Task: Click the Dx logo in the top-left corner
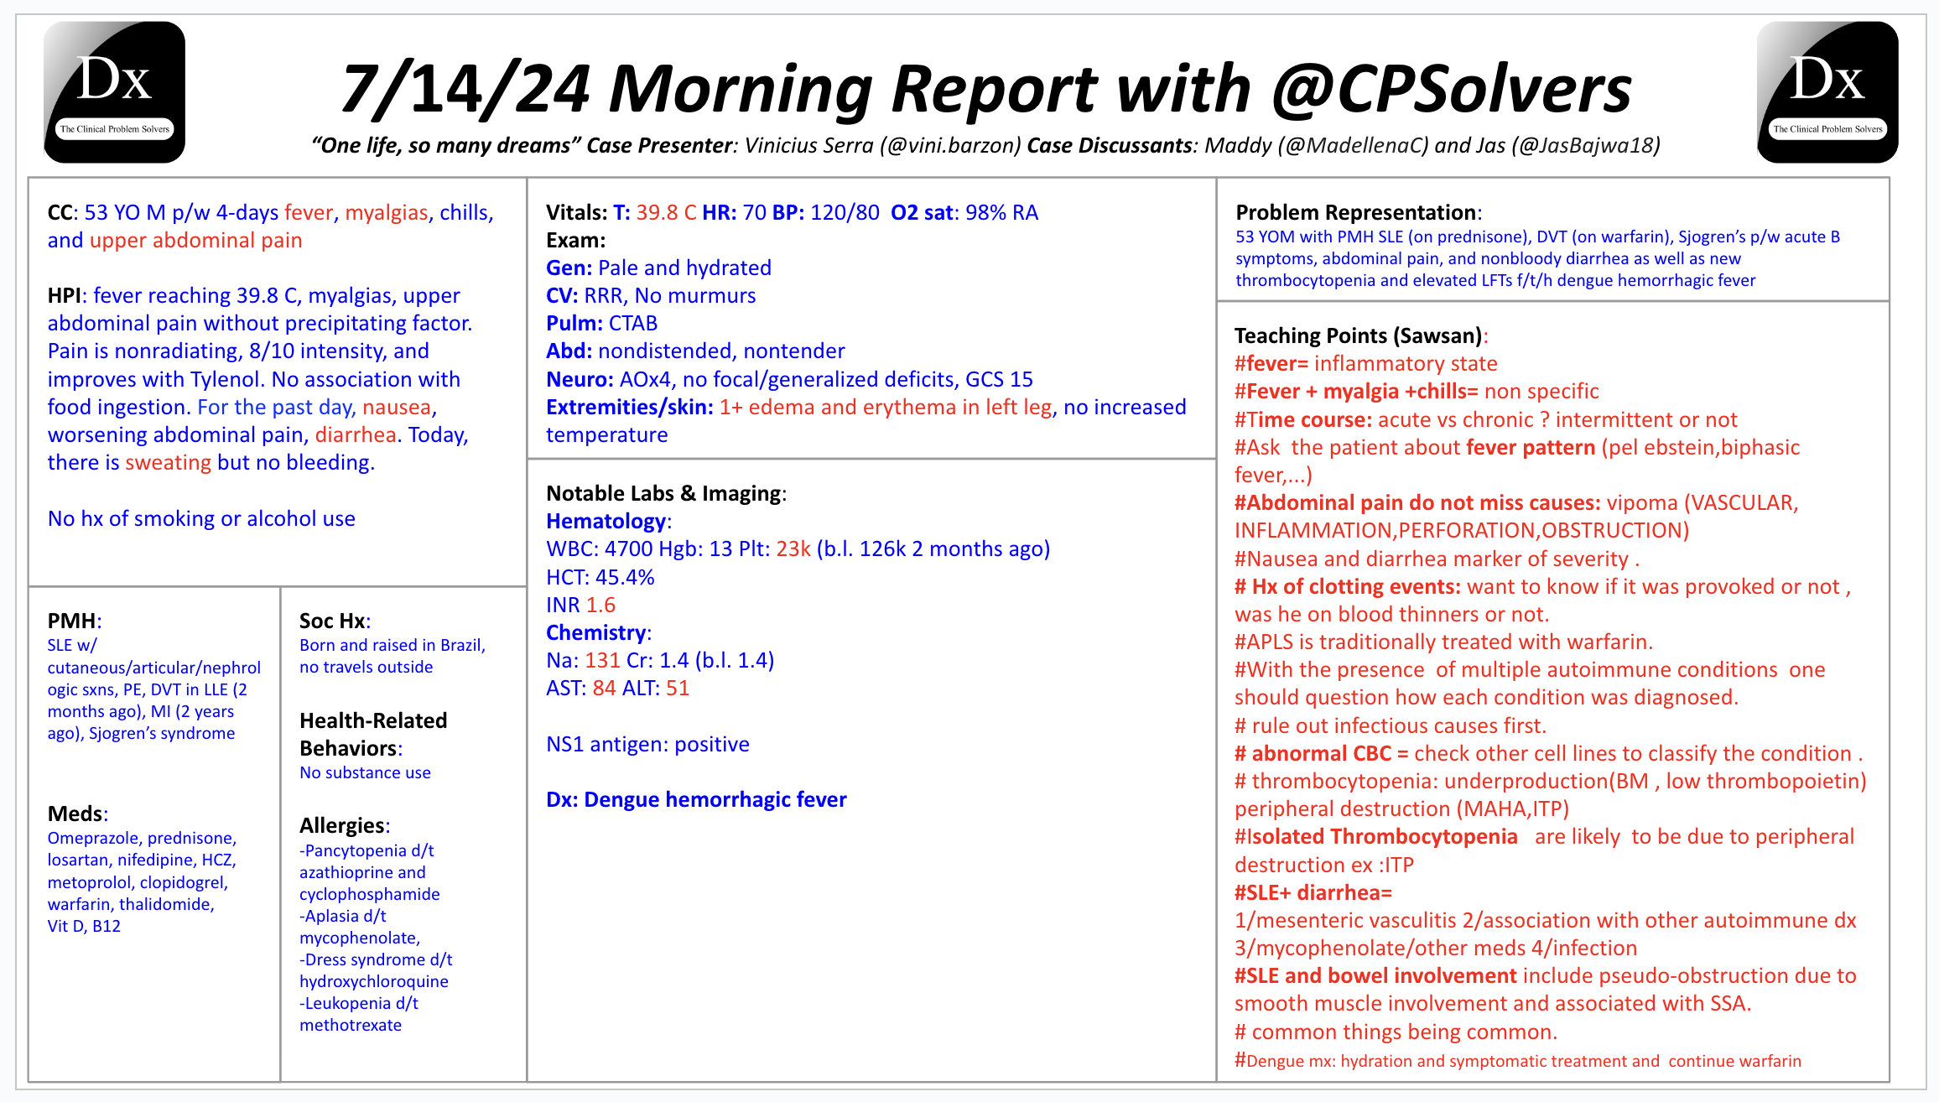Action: click(x=114, y=92)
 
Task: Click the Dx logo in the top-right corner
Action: click(x=1827, y=92)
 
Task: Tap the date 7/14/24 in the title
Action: click(x=465, y=89)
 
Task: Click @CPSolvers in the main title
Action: click(x=1452, y=89)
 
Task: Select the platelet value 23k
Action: click(x=793, y=549)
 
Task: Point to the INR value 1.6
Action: click(x=600, y=605)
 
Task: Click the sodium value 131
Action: click(x=602, y=661)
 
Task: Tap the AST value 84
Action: click(x=604, y=689)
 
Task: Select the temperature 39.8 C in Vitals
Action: click(x=666, y=212)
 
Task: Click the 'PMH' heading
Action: click(x=72, y=621)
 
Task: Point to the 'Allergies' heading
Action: click(x=343, y=825)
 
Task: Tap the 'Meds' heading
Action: click(x=76, y=814)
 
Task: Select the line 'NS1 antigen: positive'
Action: click(x=647, y=744)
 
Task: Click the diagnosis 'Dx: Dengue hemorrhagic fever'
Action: click(x=696, y=799)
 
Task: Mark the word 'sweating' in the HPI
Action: click(x=168, y=463)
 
